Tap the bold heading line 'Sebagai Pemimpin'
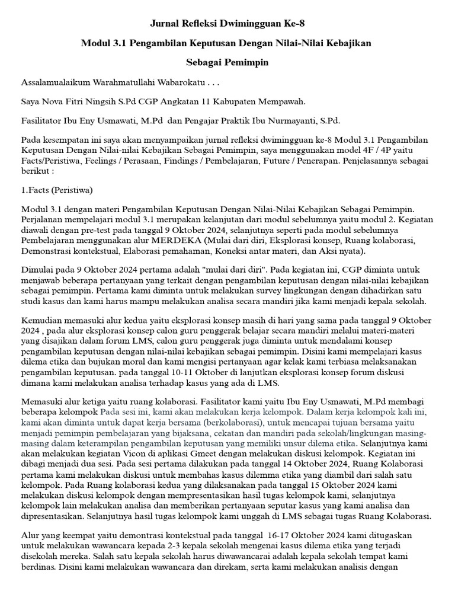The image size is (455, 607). (227, 62)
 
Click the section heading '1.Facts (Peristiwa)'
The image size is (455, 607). (56, 190)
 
